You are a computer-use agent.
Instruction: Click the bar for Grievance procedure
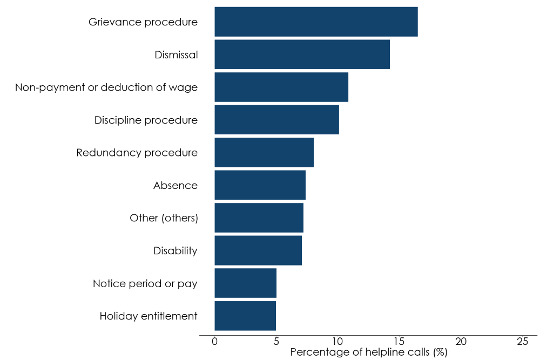(316, 22)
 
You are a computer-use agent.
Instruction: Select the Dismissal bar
(302, 55)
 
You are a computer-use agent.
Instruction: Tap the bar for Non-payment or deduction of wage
(281, 87)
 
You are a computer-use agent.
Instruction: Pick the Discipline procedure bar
(276, 120)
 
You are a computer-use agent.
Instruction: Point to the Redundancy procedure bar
(264, 153)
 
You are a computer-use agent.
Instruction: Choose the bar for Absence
(260, 185)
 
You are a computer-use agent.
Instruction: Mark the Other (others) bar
(259, 218)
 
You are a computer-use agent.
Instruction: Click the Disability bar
(258, 250)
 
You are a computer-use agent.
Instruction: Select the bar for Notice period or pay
(245, 283)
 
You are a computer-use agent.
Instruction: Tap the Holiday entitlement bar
(245, 316)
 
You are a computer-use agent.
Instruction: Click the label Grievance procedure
(143, 22)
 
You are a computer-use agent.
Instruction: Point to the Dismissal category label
(176, 55)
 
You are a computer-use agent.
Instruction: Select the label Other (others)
(164, 218)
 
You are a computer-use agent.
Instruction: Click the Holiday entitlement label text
(148, 316)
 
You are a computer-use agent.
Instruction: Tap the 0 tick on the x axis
(215, 342)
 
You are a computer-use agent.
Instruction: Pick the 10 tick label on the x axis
(337, 342)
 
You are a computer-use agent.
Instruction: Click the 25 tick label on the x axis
(522, 342)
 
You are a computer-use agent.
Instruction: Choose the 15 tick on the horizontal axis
(399, 342)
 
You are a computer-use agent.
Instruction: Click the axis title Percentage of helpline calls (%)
(369, 352)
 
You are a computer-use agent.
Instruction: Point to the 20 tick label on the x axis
(461, 342)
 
